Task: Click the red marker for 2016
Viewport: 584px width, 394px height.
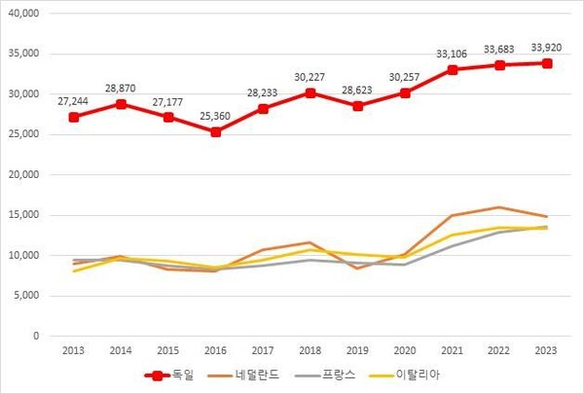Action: (x=215, y=131)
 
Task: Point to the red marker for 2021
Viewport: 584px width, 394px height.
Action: (x=453, y=69)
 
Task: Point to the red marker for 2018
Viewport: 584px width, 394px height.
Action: (x=310, y=93)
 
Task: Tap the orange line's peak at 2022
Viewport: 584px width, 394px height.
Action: (x=500, y=207)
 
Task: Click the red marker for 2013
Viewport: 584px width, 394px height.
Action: (x=74, y=117)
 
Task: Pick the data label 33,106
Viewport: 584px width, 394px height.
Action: (x=453, y=52)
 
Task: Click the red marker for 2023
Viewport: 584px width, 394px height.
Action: (x=548, y=63)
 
